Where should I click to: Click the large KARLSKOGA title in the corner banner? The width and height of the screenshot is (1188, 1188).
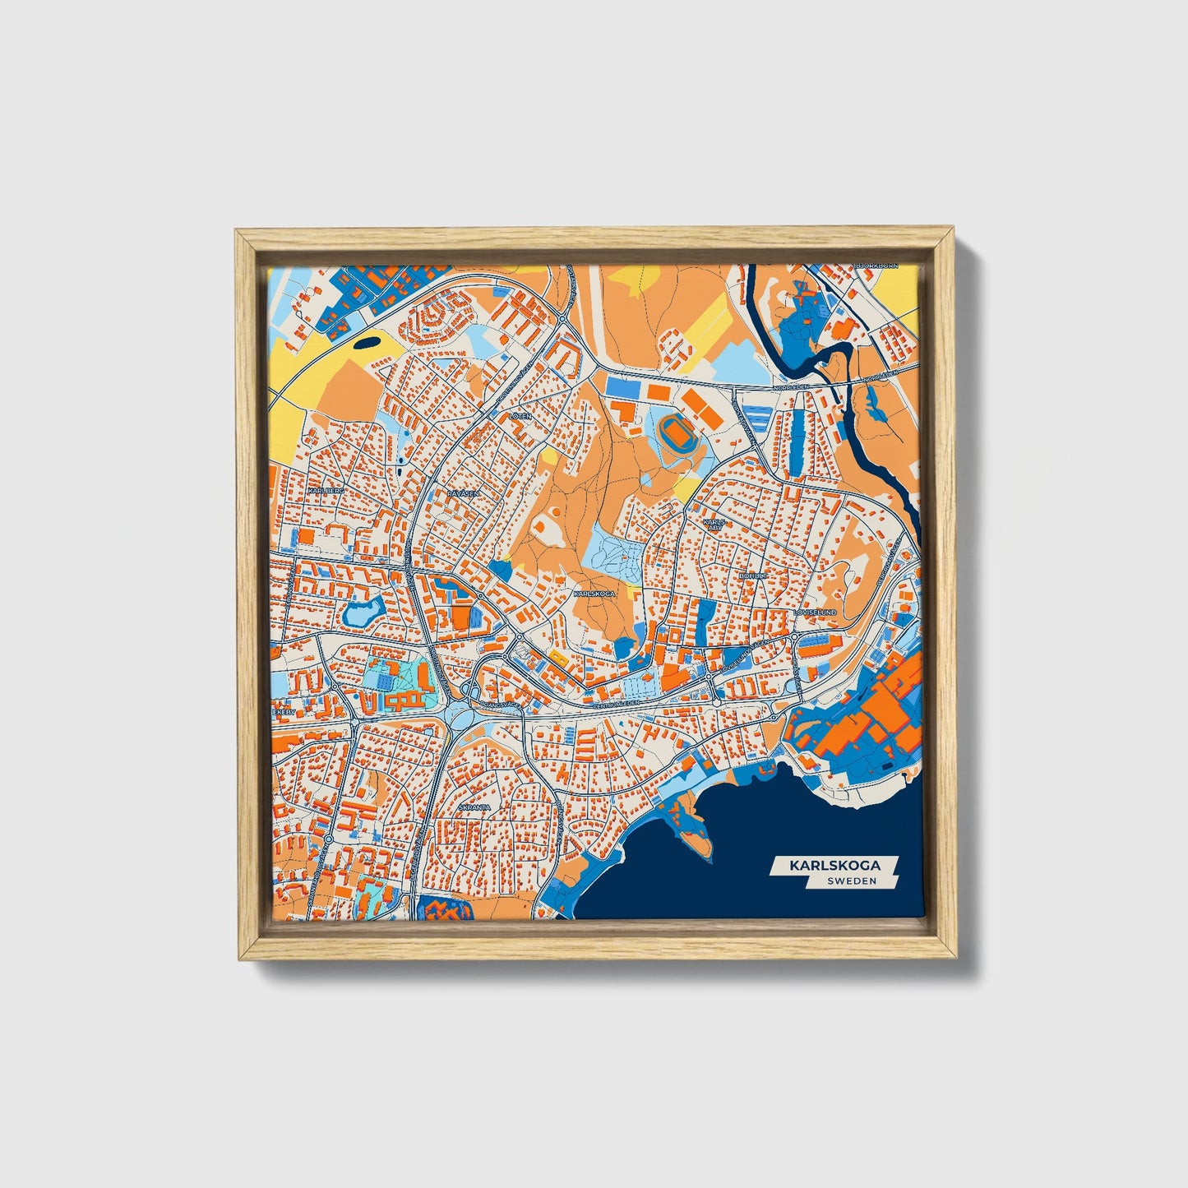834,866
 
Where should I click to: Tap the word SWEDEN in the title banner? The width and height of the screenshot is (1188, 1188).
852,881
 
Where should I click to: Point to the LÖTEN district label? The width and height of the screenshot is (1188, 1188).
521,417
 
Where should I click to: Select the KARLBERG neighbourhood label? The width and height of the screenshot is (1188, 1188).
322,490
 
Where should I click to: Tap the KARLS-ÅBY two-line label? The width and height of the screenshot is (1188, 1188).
713,525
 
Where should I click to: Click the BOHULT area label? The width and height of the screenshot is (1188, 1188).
752,577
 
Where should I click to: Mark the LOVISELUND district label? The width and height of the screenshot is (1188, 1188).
815,613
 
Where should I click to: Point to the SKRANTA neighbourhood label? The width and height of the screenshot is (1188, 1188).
474,807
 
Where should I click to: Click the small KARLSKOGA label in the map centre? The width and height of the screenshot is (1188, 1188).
594,593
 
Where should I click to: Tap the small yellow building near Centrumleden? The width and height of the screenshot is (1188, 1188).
558,656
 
